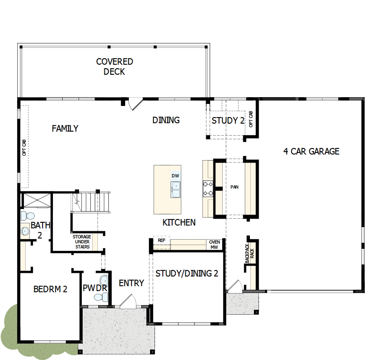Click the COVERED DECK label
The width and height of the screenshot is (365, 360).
pyautogui.click(x=114, y=67)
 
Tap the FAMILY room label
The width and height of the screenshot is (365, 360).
pyautogui.click(x=65, y=128)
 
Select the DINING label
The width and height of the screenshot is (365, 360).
pyautogui.click(x=166, y=120)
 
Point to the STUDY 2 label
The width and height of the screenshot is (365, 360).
pyautogui.click(x=228, y=120)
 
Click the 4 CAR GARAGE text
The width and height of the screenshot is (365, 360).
pyautogui.click(x=311, y=151)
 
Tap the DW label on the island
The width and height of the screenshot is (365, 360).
pyautogui.click(x=175, y=176)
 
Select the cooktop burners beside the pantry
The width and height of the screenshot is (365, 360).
pyautogui.click(x=207, y=189)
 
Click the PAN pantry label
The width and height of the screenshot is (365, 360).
pyautogui.click(x=235, y=187)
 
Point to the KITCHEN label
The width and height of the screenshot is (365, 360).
pyautogui.click(x=179, y=222)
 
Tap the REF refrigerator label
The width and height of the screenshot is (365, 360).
pyautogui.click(x=162, y=240)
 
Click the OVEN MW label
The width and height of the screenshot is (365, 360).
pyautogui.click(x=215, y=245)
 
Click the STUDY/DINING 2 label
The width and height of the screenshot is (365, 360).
pyautogui.click(x=187, y=274)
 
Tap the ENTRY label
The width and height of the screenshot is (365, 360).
pyautogui.click(x=131, y=283)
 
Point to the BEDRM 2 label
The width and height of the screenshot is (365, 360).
pyautogui.click(x=50, y=289)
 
